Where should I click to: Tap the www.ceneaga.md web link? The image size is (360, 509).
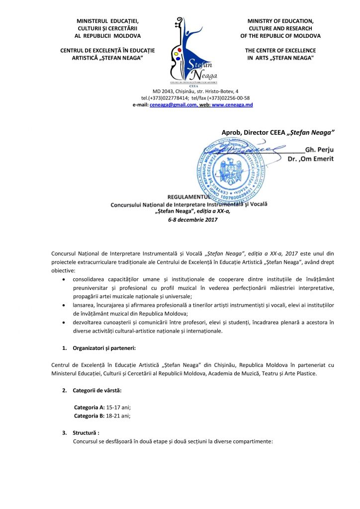tap(232, 105)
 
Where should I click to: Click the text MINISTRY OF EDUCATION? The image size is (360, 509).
tap(280, 21)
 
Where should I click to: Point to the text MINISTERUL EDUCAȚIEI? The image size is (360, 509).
tap(107, 21)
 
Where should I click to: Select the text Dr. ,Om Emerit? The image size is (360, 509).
tap(311, 159)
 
